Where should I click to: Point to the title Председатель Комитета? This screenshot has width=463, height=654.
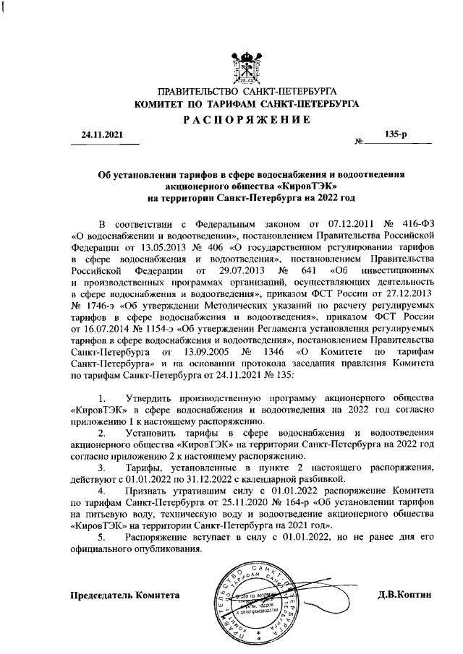pos(124,595)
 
